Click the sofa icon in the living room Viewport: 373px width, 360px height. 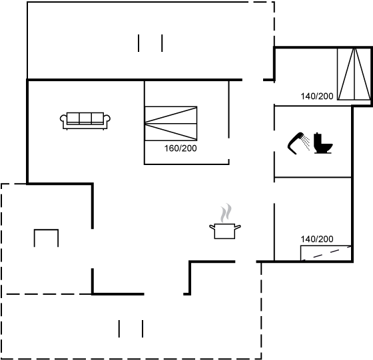[85, 121]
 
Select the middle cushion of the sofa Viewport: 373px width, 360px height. [85, 117]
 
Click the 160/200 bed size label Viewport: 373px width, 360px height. [181, 148]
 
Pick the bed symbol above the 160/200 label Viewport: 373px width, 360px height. [171, 124]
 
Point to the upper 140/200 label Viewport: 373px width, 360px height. [317, 96]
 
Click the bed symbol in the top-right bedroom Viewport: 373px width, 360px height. [354, 74]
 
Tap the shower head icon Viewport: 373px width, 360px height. [298, 143]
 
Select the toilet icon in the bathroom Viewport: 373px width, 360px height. [323, 143]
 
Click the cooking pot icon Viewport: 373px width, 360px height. [225, 230]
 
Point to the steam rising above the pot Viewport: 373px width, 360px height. [226, 213]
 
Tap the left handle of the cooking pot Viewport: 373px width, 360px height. [212, 227]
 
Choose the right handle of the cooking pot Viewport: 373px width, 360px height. [238, 227]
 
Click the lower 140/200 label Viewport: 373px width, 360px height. [317, 239]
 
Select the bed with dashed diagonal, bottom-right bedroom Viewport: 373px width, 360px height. [326, 253]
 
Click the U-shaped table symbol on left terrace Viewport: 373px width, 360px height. [46, 230]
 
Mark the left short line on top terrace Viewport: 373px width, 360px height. [139, 43]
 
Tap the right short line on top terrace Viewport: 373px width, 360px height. [162, 43]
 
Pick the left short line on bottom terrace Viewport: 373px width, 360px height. [119, 329]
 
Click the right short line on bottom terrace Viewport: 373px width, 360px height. [143, 329]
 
